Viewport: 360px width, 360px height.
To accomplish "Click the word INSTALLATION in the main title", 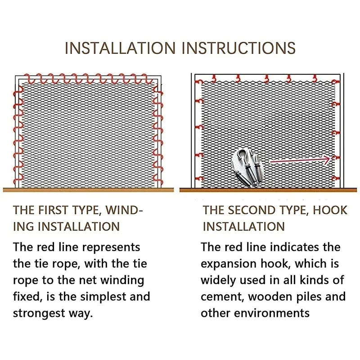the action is [120, 48].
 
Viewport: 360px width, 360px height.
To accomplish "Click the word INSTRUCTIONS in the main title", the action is [239, 48].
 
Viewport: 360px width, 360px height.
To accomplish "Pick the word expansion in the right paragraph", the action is [229, 264].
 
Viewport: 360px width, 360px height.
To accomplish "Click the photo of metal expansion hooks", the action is [246, 167].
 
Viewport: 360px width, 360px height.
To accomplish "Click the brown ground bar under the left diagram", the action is [88, 189].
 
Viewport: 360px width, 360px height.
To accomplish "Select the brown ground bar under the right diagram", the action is [268, 190].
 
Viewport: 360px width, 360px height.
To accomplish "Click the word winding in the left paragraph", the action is [122, 280].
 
